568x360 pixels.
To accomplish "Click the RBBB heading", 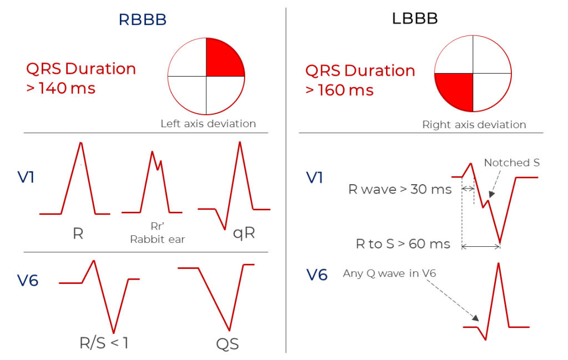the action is [143, 19].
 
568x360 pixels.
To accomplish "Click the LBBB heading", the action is [415, 18].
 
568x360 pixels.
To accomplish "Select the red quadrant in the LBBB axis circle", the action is [456, 91].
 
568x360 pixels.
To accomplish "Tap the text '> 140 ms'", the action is [61, 88].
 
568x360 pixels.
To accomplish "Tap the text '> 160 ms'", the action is [339, 90].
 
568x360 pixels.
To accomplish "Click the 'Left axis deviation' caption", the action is [209, 124].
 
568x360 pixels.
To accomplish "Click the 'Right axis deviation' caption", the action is [474, 125].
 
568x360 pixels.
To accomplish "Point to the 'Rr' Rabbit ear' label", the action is [158, 233].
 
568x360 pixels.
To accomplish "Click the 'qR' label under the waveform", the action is [244, 233].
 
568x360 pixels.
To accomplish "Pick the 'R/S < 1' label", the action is [104, 343].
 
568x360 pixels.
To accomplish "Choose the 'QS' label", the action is [227, 344].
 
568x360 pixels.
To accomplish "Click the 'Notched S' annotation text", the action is [512, 163].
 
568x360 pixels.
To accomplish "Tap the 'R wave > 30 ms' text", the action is [400, 189].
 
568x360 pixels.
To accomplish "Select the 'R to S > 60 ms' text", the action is [403, 244].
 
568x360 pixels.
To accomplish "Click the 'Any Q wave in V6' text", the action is [389, 273].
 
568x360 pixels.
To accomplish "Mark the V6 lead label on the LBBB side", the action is [317, 275].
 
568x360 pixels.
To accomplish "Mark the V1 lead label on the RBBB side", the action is [26, 177].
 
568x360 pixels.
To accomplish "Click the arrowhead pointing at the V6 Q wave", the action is [475, 318].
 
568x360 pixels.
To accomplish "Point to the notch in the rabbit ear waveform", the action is [158, 169].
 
